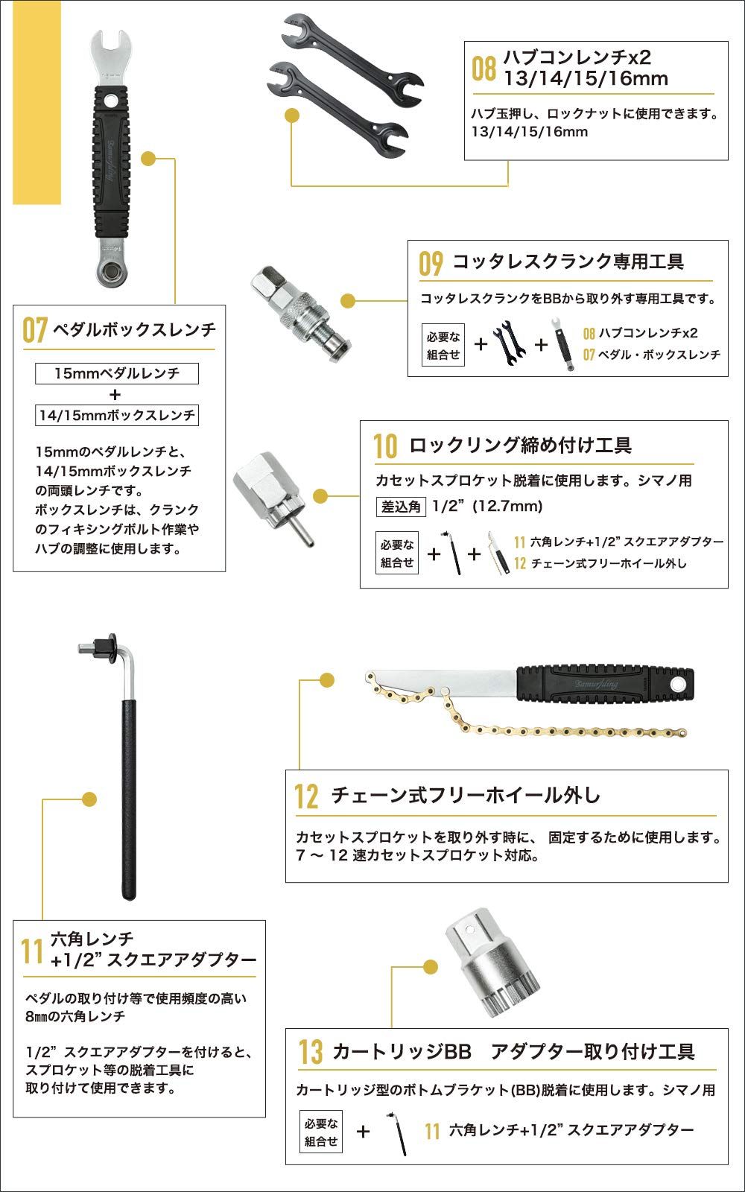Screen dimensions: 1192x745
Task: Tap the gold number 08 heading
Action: [484, 69]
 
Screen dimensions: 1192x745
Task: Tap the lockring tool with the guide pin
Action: [270, 492]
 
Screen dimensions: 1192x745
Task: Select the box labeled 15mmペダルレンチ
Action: [117, 373]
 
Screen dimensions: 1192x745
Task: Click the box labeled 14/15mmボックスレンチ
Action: [117, 415]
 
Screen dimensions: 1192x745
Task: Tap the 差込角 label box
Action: [401, 507]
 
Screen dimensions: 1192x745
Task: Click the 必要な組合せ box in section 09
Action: [443, 346]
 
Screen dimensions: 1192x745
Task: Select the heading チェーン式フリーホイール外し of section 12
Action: [466, 795]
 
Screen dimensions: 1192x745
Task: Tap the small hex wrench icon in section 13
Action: [397, 1133]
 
